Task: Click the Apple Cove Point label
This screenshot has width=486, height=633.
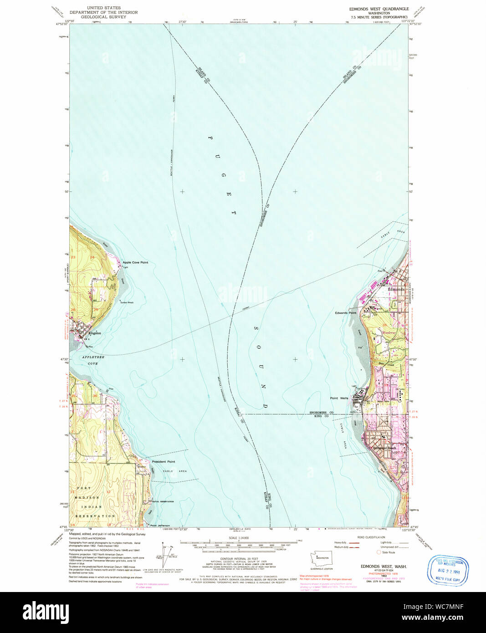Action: point(135,263)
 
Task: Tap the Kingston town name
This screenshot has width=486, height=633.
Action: point(95,333)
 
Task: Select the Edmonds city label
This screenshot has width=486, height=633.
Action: point(396,289)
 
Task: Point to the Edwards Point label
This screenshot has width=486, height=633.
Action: point(346,313)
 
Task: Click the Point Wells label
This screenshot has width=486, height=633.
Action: point(339,398)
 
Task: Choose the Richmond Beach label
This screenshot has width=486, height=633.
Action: point(385,448)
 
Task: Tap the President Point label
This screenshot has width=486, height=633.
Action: point(164,462)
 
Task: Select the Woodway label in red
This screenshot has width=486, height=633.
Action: point(389,333)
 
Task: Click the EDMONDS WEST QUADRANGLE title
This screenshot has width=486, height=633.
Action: point(379,9)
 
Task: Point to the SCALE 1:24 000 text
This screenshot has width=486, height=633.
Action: point(239,538)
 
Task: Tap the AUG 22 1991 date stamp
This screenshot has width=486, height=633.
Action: point(448,570)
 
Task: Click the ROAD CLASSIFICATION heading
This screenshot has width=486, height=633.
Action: point(371,537)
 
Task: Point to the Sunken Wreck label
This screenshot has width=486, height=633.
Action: point(127,302)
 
